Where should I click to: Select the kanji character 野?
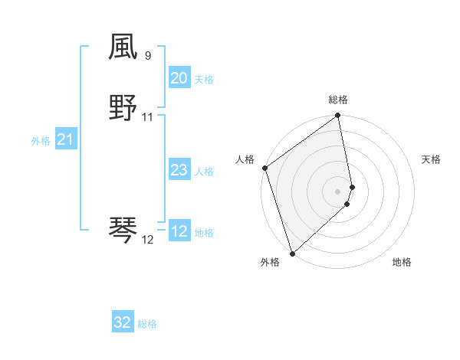pyautogui.click(x=123, y=108)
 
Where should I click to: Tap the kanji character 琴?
pyautogui.click(x=123, y=229)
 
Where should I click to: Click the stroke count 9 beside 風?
pyautogui.click(x=148, y=56)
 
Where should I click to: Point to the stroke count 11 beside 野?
pyautogui.click(x=148, y=118)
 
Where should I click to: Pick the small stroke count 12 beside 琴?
pyautogui.click(x=148, y=239)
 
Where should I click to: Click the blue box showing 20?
pyautogui.click(x=179, y=78)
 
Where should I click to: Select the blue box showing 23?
pyautogui.click(x=179, y=170)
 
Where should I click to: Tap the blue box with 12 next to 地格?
pyautogui.click(x=179, y=231)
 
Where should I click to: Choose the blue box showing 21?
pyautogui.click(x=65, y=139)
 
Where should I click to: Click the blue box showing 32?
pyautogui.click(x=123, y=322)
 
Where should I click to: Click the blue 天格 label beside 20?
pyautogui.click(x=204, y=80)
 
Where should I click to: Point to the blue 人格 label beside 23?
pyautogui.click(x=204, y=172)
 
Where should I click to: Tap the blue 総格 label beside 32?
pyautogui.click(x=147, y=324)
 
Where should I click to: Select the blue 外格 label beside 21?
pyautogui.click(x=41, y=141)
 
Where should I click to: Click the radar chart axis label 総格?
pyautogui.click(x=338, y=100)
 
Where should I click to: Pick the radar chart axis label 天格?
pyautogui.click(x=431, y=159)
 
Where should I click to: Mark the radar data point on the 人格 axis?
pyautogui.click(x=264, y=168)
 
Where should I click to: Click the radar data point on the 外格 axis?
pyautogui.click(x=292, y=253)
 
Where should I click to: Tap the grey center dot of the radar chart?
pyautogui.click(x=338, y=191)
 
